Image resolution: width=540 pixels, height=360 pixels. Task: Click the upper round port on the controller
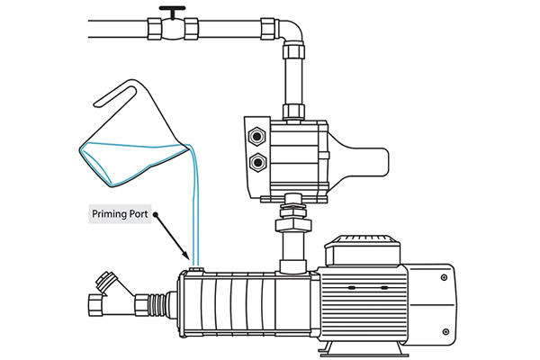257,136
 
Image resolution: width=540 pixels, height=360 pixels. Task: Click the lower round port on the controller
257,163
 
